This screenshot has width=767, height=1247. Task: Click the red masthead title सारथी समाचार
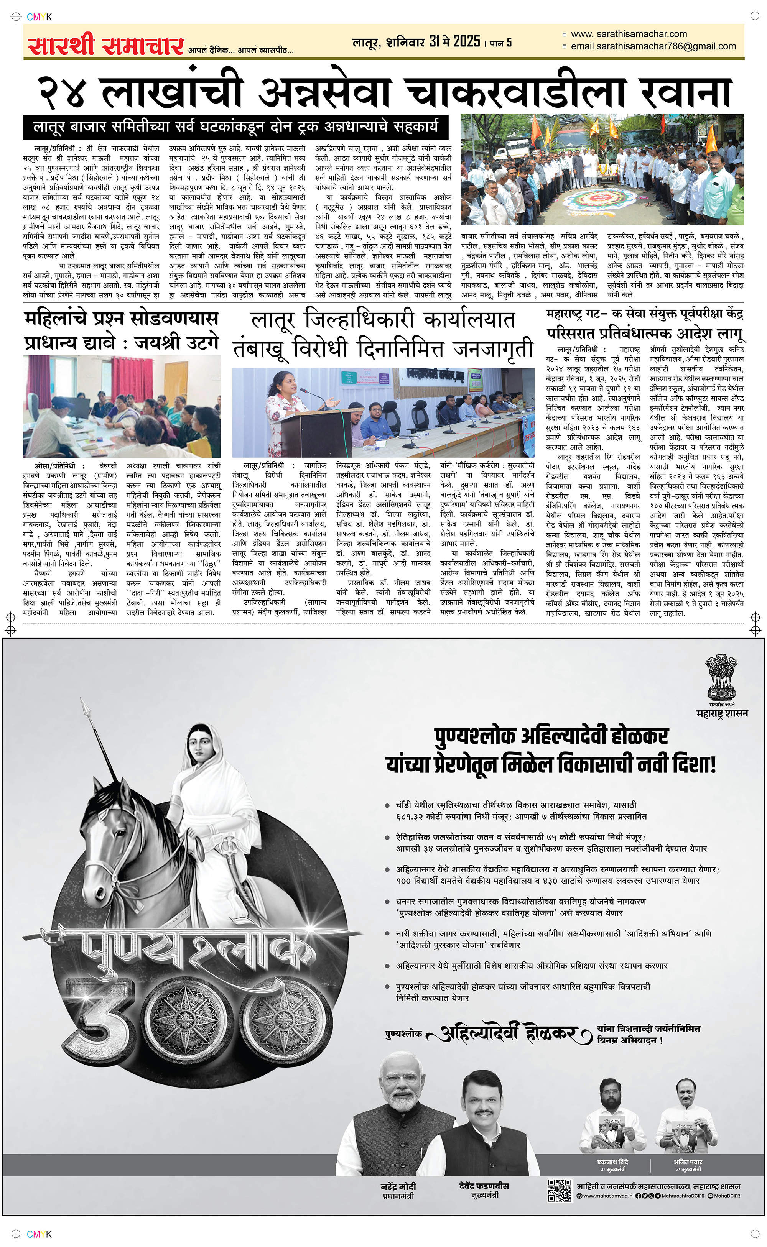coord(105,46)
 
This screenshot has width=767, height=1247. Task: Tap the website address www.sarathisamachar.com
coord(629,34)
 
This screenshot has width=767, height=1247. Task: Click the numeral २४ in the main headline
coord(62,92)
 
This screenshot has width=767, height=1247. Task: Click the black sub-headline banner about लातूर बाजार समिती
coord(235,127)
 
